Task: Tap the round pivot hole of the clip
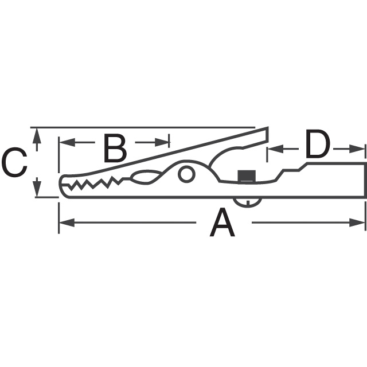click(x=186, y=173)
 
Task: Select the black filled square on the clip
click(x=247, y=175)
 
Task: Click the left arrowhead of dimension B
click(x=64, y=141)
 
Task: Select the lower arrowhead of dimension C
click(x=37, y=192)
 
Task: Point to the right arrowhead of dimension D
click(x=361, y=149)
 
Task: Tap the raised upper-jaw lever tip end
click(x=263, y=134)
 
